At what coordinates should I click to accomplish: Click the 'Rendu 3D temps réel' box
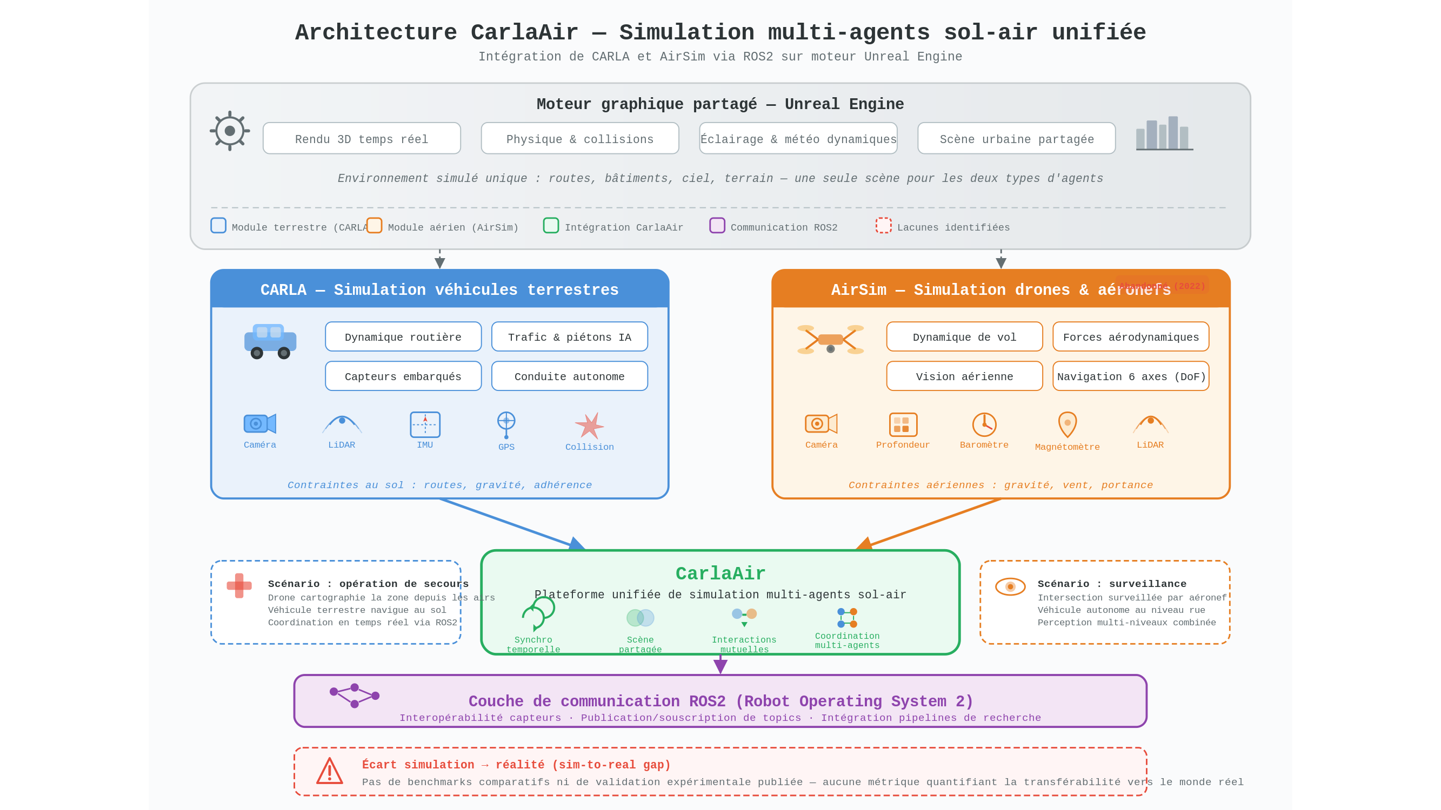pos(362,139)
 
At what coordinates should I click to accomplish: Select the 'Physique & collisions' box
pos(579,139)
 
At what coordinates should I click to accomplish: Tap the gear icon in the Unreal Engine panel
pos(229,131)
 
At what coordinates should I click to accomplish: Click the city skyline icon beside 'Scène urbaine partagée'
pos(1164,134)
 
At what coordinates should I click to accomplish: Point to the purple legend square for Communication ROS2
pos(717,225)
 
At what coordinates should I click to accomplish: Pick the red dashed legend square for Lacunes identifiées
pos(883,225)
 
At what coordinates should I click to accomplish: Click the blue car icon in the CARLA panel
pos(270,341)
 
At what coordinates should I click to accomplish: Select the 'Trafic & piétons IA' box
pos(569,336)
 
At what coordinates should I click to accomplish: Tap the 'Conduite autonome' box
pos(569,376)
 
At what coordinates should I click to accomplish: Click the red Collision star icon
pos(589,426)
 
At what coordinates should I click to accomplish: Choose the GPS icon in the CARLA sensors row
pos(506,425)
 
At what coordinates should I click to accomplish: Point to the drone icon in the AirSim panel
pos(830,340)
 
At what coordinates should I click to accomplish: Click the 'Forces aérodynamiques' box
pos(1131,336)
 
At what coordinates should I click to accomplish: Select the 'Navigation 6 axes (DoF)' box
pos(1131,376)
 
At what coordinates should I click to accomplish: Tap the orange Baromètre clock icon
pos(984,424)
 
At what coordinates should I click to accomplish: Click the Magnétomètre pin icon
pos(1068,424)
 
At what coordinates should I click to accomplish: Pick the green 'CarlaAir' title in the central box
pos(720,573)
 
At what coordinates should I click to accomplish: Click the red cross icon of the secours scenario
pos(239,585)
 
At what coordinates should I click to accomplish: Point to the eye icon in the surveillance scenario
pos(1010,586)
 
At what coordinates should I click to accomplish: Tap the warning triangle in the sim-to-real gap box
pos(330,771)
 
